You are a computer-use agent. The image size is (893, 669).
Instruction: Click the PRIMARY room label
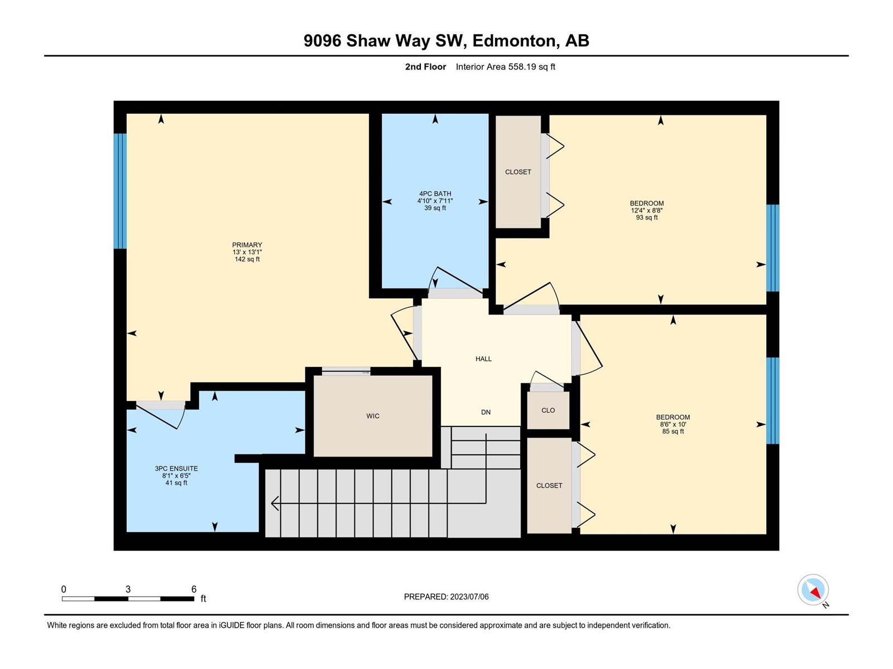point(247,245)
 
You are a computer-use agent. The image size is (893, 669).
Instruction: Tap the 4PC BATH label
point(435,194)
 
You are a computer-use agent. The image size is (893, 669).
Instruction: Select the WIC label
point(373,416)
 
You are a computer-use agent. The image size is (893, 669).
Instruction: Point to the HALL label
point(483,358)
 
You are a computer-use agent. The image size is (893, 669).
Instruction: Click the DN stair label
point(486,412)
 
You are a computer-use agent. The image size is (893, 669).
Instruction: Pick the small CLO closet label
point(548,410)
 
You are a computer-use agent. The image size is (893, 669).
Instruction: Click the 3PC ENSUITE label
point(176,468)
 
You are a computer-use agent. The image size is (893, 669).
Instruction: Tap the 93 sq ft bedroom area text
point(646,217)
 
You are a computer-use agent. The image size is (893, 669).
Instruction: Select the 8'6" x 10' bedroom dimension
point(673,424)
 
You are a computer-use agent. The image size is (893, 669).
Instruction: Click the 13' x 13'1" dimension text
point(247,252)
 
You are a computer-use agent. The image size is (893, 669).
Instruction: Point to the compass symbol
point(813,590)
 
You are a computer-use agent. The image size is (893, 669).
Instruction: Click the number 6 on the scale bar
point(194,589)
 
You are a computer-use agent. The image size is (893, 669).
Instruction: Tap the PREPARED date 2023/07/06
point(469,597)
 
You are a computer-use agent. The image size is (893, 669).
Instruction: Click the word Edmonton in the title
point(514,41)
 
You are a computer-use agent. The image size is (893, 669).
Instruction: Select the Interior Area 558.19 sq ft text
point(505,66)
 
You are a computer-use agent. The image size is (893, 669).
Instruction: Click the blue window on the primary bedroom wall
point(120,191)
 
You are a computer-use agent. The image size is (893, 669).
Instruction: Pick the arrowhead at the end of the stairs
point(275,503)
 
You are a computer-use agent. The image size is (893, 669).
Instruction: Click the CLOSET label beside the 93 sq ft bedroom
point(518,172)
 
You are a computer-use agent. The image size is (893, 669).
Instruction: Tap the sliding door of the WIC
point(346,371)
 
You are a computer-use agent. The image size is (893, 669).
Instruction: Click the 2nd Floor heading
point(425,66)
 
